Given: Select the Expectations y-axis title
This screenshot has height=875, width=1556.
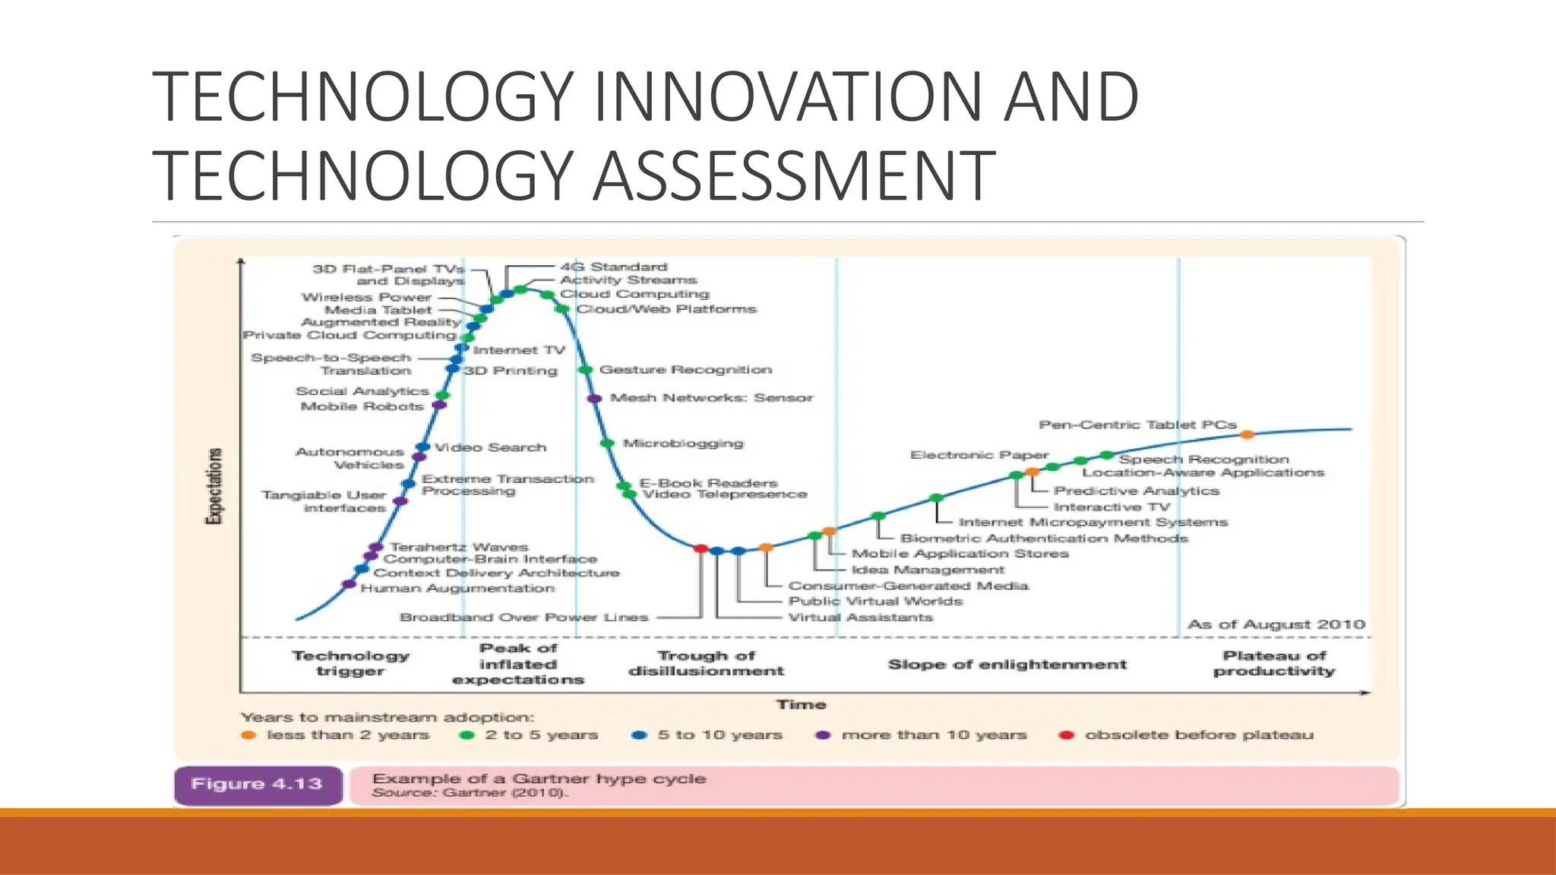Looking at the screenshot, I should tap(215, 486).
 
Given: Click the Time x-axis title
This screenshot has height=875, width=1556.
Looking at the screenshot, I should tap(801, 705).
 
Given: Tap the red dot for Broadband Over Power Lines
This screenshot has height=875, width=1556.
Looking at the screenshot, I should tap(701, 548).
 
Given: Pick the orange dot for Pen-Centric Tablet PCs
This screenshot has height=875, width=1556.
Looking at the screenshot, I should tap(1247, 434).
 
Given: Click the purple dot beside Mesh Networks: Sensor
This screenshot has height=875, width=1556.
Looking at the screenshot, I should tap(594, 398).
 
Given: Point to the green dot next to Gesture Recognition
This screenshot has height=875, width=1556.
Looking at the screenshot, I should tap(585, 370).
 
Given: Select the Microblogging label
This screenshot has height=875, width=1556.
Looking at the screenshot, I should tap(682, 443).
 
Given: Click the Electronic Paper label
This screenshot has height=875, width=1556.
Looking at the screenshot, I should tap(979, 455).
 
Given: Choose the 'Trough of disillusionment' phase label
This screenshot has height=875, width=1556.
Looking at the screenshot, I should tap(706, 663).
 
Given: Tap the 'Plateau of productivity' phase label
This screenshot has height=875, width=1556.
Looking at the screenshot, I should tap(1274, 663).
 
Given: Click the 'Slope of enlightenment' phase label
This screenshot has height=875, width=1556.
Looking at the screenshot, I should tap(1007, 665).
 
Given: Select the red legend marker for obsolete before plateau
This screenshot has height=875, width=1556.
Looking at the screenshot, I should tap(1066, 735).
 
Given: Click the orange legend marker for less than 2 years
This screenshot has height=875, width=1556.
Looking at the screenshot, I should tap(248, 735).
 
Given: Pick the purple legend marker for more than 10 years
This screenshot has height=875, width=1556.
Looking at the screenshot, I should tap(823, 735).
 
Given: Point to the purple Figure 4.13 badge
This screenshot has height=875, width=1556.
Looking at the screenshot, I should tap(258, 785).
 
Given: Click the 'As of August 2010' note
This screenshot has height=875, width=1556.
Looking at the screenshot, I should tap(1276, 624).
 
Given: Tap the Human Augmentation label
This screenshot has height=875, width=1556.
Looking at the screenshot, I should tap(457, 589).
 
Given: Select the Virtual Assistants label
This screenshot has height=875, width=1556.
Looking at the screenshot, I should tap(860, 618).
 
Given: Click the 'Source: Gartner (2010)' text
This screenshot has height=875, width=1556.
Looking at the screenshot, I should tap(470, 793).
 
